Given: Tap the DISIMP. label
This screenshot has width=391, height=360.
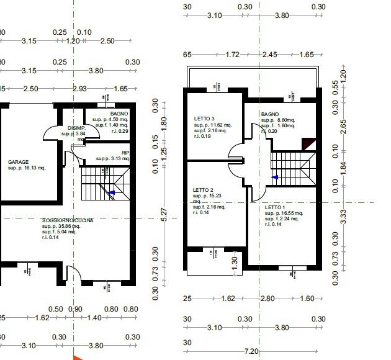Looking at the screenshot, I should coord(76,127).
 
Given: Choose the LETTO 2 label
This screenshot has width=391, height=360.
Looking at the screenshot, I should coord(203,190).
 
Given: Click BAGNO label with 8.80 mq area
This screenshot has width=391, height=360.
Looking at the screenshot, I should coord(270,115).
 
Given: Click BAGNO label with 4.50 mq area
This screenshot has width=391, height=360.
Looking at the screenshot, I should coord(119,114).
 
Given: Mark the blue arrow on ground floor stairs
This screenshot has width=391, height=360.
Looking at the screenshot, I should coord(111,193).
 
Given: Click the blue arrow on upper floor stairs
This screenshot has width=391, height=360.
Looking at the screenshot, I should coord(275,177).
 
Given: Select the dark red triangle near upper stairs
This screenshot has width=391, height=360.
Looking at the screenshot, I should coord(305,144).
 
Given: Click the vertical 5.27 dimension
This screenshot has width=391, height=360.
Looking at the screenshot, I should coord(164,213).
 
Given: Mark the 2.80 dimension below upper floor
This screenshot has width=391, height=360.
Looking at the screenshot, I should coord(267,299).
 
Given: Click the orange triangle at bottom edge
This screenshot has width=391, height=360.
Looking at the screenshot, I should coord(77,358).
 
